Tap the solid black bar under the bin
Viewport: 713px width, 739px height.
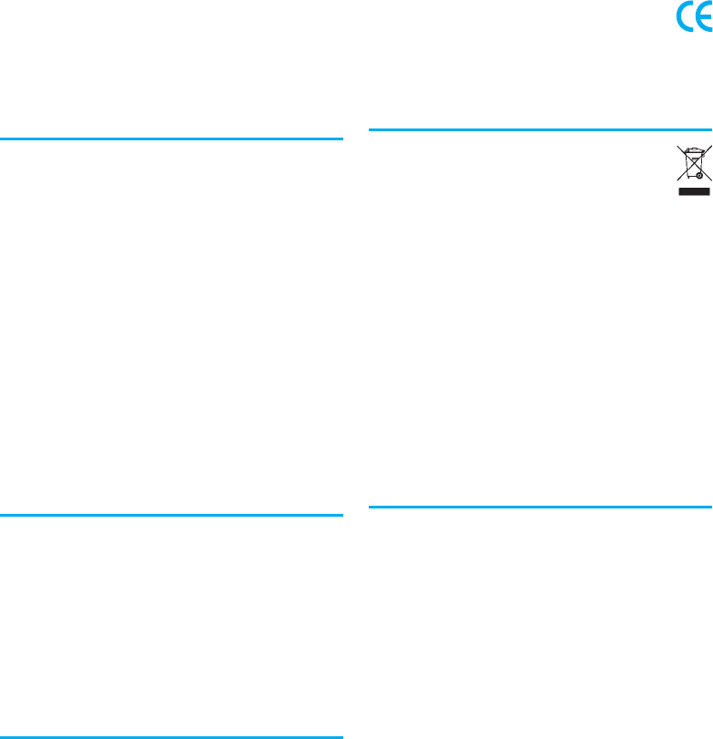coord(694,192)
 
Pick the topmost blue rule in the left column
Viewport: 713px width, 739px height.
coord(171,139)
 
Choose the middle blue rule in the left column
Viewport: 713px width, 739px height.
coord(171,516)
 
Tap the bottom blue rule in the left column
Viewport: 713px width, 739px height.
coord(171,735)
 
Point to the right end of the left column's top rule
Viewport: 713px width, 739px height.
coord(341,139)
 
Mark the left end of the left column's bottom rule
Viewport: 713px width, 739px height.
coord(2,735)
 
